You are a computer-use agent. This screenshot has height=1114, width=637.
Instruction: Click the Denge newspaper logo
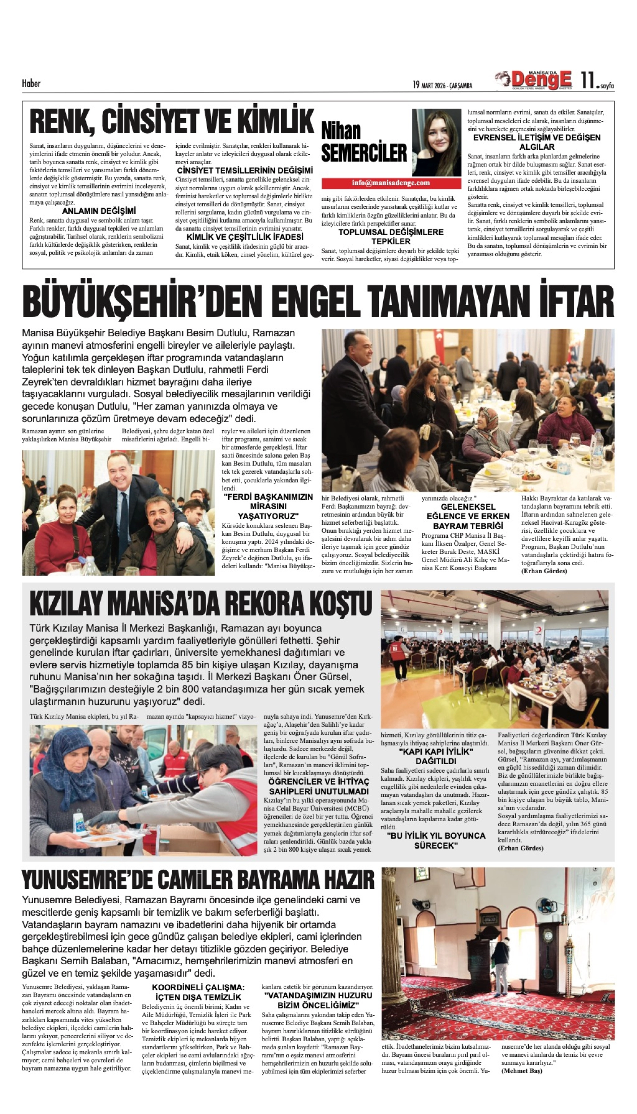(535, 80)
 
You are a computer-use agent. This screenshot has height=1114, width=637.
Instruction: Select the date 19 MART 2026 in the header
(442, 85)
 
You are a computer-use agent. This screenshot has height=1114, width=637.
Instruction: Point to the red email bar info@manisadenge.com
(391, 183)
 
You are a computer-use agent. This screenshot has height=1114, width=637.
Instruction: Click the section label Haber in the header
(31, 83)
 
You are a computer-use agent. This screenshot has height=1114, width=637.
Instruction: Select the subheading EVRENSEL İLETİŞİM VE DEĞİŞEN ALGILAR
(537, 142)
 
